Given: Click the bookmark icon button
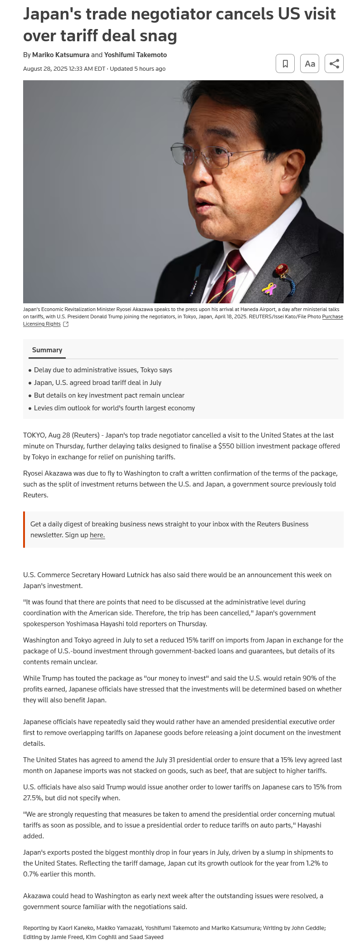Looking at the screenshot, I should pos(285,63).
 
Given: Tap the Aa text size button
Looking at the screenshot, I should pos(310,63).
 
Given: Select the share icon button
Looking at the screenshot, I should pos(334,63).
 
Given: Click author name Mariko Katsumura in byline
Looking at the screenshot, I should pos(61,55).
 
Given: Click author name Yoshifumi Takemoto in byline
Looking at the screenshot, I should pos(136,55).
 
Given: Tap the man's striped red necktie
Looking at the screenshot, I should pos(229,277).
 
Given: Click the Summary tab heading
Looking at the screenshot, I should pos(47,350).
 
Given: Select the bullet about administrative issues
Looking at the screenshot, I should pos(103,370).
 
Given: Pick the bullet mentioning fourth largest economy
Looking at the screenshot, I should pos(114,408).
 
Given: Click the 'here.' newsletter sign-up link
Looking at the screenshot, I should pos(97,535).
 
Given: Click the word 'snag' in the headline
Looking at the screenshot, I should pos(159,35).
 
